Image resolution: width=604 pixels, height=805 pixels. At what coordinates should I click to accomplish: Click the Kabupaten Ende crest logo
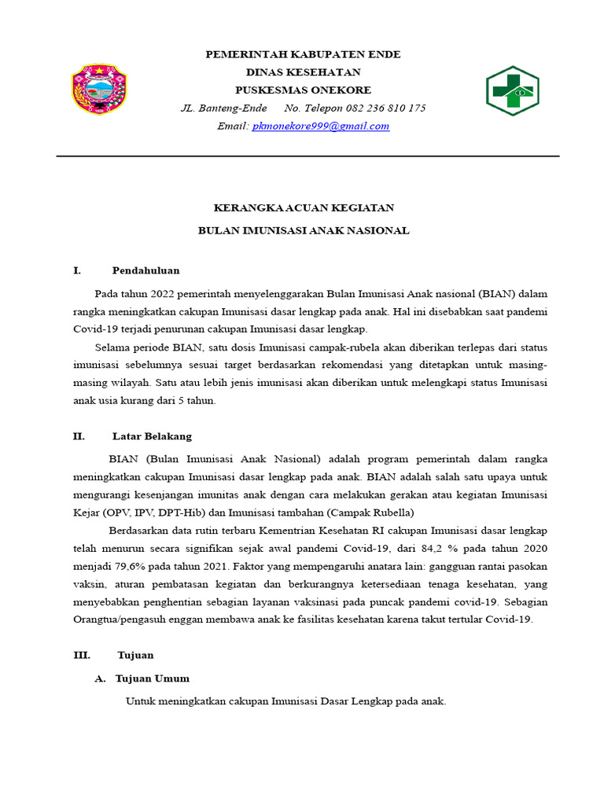click(99, 90)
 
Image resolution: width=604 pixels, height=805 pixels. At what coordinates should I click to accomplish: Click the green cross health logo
click(511, 91)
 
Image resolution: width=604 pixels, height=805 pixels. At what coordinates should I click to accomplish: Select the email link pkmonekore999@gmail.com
click(320, 126)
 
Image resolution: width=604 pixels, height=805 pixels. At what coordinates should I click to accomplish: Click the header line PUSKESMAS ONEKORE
click(303, 90)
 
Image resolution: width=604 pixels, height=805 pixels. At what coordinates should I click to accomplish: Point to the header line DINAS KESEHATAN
click(303, 72)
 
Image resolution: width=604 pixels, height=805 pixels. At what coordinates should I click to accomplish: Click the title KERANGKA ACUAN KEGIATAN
click(304, 208)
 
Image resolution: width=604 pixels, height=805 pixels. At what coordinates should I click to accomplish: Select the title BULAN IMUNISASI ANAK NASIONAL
click(304, 230)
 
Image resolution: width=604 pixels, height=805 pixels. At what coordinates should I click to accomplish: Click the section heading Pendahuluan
click(145, 270)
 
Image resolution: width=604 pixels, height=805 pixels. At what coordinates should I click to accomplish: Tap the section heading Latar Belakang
click(152, 436)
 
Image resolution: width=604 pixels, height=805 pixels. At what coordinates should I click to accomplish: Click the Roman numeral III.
click(82, 655)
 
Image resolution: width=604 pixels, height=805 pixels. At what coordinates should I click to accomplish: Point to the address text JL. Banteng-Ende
click(223, 108)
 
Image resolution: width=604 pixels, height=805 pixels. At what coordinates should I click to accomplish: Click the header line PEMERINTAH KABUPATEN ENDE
click(303, 54)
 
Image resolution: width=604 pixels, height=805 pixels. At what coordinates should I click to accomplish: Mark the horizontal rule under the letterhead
click(308, 156)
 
